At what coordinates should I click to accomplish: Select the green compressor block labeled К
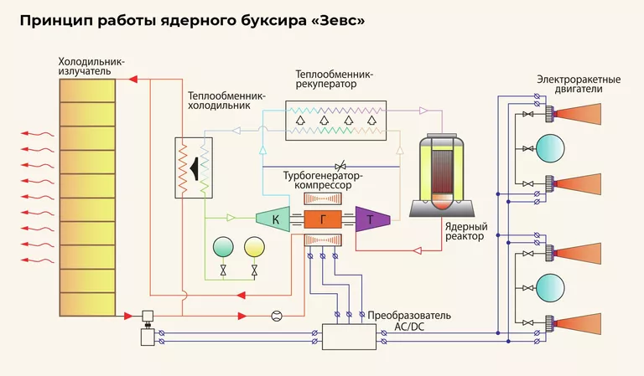pos(273,220)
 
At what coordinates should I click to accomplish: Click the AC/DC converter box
pos(351,337)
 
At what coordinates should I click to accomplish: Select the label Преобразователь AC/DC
pos(409,321)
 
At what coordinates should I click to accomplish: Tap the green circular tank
pos(225,247)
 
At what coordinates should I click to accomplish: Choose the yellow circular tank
pos(252,247)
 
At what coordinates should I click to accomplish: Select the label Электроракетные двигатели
pos(579,85)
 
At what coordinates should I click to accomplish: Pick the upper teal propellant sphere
pos(552,147)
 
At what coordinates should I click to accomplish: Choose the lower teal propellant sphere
pos(552,287)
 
